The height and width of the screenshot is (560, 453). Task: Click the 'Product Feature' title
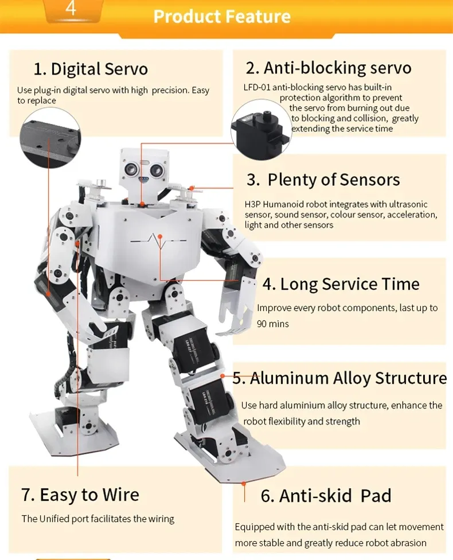(222, 16)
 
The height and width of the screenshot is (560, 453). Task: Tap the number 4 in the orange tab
(71, 9)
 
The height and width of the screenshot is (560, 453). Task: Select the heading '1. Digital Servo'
(91, 69)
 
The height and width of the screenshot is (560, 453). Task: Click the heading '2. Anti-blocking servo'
(329, 68)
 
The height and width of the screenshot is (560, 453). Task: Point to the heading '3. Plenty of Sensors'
(323, 180)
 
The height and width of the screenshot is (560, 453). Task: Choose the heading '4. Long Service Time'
(341, 284)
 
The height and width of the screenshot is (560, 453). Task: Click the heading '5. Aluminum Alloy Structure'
(340, 378)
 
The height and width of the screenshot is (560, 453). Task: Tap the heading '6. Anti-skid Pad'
(326, 496)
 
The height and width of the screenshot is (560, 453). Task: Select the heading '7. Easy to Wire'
(80, 495)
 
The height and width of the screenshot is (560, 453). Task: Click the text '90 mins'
(273, 324)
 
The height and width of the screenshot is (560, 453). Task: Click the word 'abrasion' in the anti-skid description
(408, 543)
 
